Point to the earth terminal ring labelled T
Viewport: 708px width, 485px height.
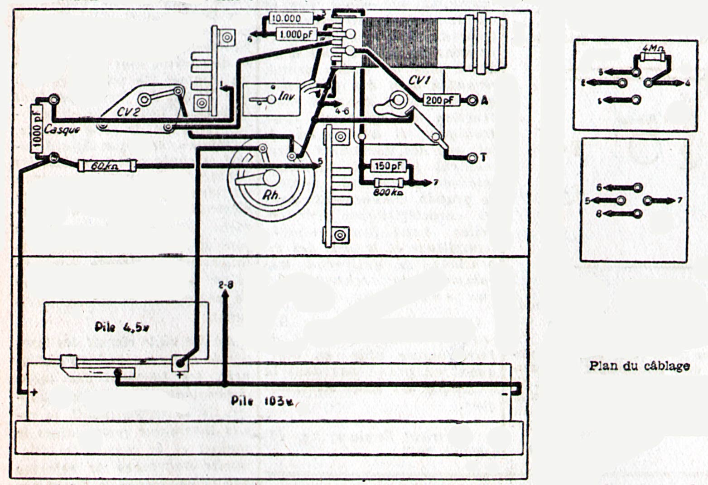471,158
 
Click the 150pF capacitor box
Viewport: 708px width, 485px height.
389,166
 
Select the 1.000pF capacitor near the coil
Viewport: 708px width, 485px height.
296,33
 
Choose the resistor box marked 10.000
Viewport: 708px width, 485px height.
291,19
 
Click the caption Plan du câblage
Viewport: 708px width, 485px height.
640,366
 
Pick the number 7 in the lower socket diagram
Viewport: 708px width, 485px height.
679,200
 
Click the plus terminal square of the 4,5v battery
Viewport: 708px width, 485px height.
180,363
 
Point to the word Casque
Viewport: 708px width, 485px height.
63,130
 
